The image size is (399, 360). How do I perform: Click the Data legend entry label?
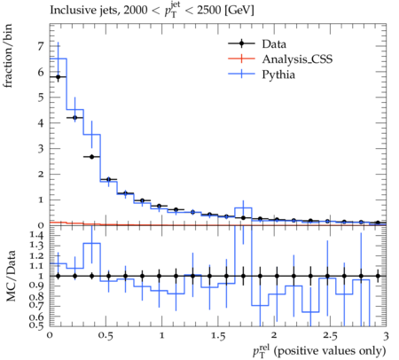coord(274,44)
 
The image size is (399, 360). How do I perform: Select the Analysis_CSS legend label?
coord(297,59)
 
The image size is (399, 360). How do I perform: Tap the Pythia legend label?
coord(278,74)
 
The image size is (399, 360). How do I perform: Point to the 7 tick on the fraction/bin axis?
coord(40,46)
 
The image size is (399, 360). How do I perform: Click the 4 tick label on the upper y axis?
coord(40,123)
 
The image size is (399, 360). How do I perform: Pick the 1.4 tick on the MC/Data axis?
coord(36,235)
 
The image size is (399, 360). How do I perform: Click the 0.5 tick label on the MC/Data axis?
coord(36,325)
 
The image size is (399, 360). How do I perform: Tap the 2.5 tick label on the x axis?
coord(330,336)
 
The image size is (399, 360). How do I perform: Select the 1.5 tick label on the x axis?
coord(218,336)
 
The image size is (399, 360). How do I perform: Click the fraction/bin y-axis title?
coord(8,56)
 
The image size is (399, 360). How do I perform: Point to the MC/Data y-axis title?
coord(11,276)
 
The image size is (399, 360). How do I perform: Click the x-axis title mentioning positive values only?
coord(319,351)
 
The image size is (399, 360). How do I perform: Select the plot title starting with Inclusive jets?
coord(152,10)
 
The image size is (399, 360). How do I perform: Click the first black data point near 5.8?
coord(59,77)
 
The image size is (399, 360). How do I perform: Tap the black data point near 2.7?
coord(91,157)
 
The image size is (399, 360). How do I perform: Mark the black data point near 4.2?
coord(74,118)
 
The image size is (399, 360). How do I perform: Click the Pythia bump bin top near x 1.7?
coord(243,207)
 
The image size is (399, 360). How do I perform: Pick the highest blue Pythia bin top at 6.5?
coord(59,59)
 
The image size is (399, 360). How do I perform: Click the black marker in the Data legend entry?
coord(241,43)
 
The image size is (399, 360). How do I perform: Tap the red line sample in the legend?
coord(241,59)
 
